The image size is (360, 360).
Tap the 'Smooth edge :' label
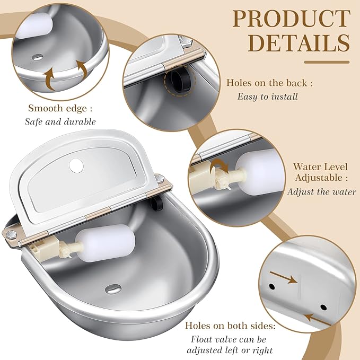click(x=60, y=108)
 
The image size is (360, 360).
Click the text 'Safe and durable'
click(x=60, y=121)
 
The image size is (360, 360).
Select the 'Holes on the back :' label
click(x=269, y=83)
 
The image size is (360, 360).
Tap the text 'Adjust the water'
click(x=321, y=191)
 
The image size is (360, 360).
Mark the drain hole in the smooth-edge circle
click(x=39, y=56)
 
